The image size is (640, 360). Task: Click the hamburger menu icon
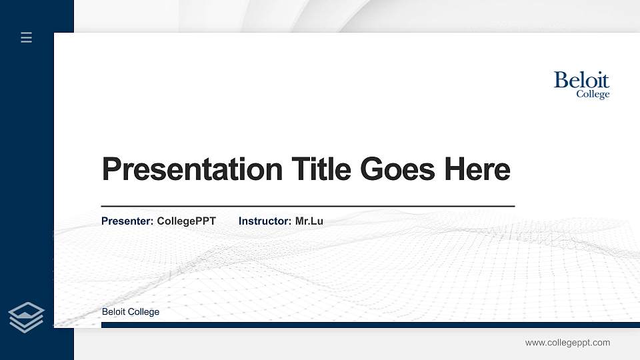click(26, 37)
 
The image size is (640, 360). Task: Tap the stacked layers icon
click(26, 317)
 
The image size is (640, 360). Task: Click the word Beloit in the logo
click(581, 81)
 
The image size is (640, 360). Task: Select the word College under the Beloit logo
click(593, 95)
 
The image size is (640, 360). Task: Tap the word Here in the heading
click(478, 169)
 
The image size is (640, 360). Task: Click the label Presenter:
click(127, 221)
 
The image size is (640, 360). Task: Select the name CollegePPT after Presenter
click(187, 221)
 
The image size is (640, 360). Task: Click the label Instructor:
click(265, 221)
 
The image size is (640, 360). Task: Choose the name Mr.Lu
click(309, 221)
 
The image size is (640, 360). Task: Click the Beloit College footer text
click(131, 312)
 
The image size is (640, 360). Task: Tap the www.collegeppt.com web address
click(567, 343)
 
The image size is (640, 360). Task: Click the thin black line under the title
click(307, 207)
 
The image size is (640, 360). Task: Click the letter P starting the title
click(111, 169)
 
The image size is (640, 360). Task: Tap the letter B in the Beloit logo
click(561, 81)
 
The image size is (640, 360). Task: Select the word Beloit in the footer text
click(114, 312)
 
